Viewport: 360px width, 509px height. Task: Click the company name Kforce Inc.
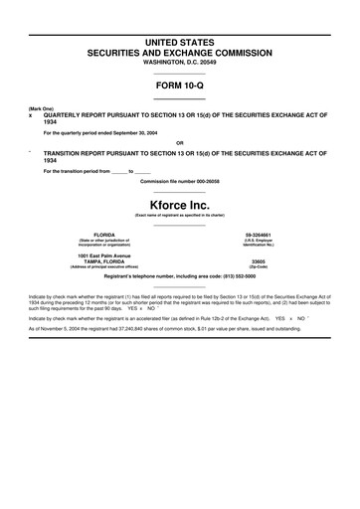point(180,204)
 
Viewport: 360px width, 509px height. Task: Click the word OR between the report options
point(179,143)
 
